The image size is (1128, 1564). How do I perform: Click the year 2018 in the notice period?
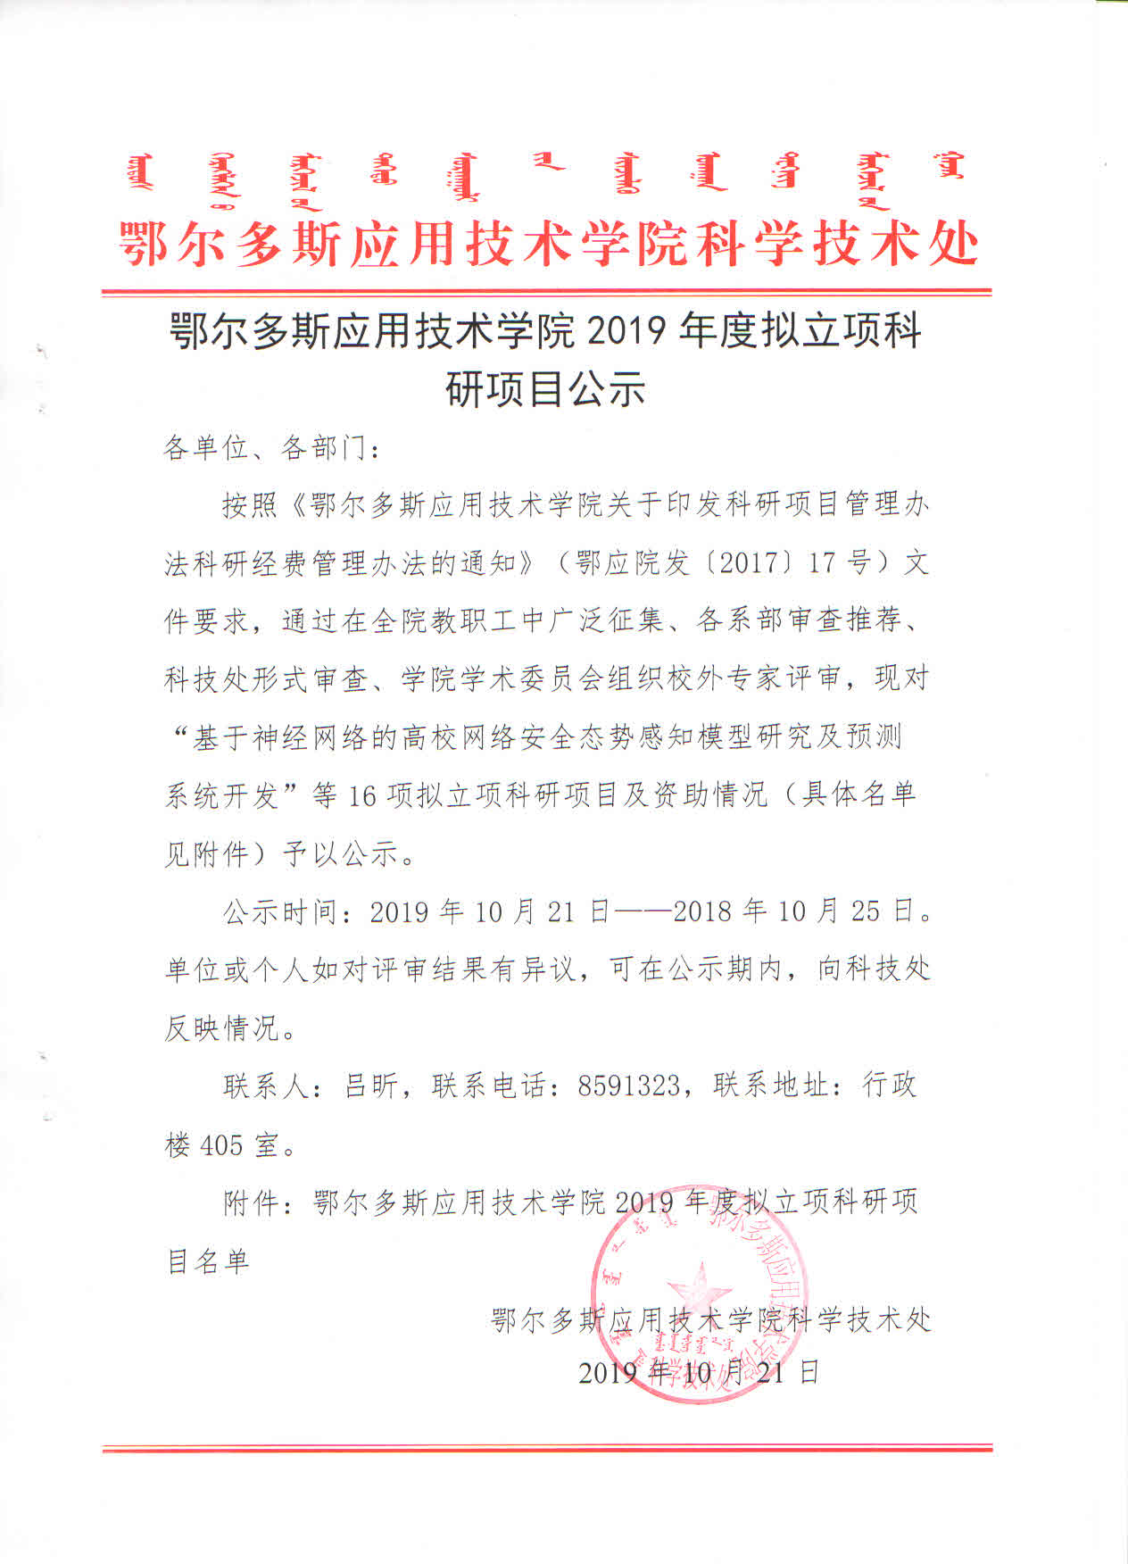(x=703, y=911)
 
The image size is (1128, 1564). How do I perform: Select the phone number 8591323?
(x=629, y=1086)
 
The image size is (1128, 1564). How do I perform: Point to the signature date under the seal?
(x=698, y=1372)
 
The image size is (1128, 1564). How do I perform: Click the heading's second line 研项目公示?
(x=544, y=389)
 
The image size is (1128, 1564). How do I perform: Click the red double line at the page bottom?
(x=547, y=1447)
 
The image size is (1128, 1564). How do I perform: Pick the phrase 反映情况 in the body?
(x=221, y=1028)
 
